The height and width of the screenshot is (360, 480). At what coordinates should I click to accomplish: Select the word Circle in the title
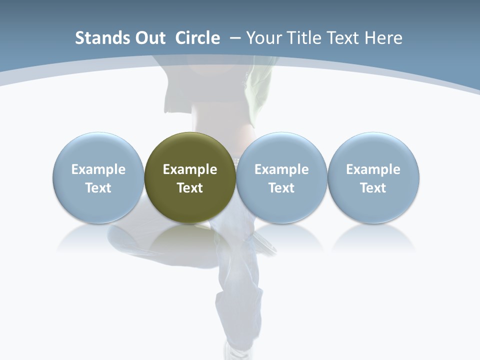(x=197, y=38)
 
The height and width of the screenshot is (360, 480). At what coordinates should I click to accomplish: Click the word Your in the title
(x=265, y=38)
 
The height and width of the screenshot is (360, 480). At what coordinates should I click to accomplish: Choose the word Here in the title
(x=383, y=38)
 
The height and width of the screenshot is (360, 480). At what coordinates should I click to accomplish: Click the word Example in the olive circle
(x=190, y=169)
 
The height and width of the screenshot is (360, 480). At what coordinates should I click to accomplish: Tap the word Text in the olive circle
(x=190, y=188)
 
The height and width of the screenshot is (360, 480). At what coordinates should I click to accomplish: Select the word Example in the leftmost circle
(x=98, y=169)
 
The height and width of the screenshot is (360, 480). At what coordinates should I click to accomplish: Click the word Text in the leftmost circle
(x=98, y=188)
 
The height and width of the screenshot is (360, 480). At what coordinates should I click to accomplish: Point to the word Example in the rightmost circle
(x=373, y=169)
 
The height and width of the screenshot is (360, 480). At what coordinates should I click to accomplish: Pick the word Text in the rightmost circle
(x=373, y=188)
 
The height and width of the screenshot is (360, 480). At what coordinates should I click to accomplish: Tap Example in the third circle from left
(x=281, y=169)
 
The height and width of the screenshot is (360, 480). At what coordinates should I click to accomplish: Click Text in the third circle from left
(x=281, y=188)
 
